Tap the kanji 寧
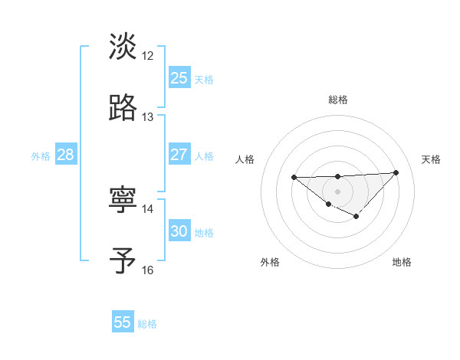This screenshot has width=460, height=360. click(x=123, y=200)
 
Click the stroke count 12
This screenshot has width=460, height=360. click(x=148, y=56)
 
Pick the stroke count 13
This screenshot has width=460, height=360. click(x=148, y=117)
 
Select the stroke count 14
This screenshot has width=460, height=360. click(x=148, y=209)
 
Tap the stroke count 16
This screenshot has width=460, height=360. click(x=148, y=270)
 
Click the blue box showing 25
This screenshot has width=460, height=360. click(x=179, y=78)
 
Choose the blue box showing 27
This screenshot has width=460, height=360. click(x=179, y=155)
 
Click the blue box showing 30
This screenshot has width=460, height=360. click(x=179, y=231)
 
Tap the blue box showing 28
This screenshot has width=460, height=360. click(x=65, y=155)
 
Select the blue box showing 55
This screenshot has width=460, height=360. click(x=123, y=322)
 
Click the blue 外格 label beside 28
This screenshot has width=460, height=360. click(x=41, y=156)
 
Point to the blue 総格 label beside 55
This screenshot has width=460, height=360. click(x=147, y=324)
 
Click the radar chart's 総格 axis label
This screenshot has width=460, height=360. click(x=338, y=100)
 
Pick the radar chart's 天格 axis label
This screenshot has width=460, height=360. click(x=432, y=159)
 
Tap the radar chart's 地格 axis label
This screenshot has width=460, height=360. click(x=402, y=262)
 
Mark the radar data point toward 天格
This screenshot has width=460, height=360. click(x=396, y=172)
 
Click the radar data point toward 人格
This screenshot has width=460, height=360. click(x=294, y=178)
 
